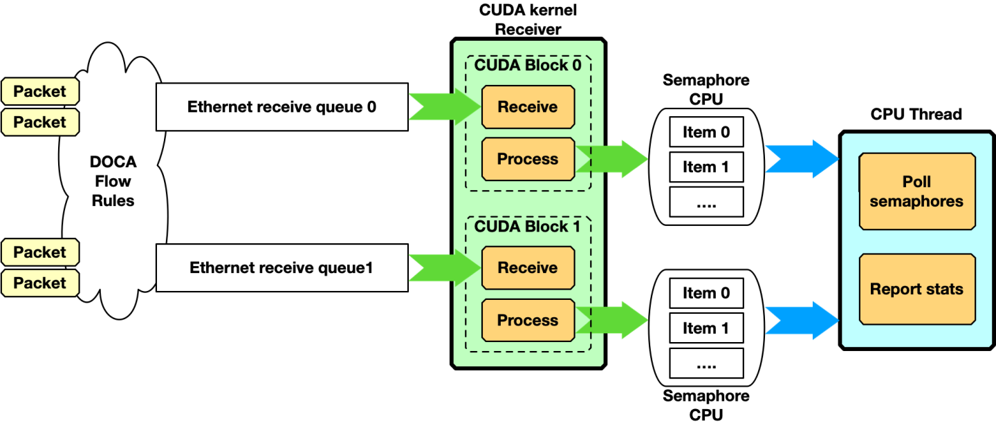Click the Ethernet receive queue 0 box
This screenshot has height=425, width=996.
(282, 107)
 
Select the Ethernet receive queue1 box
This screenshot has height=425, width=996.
(282, 268)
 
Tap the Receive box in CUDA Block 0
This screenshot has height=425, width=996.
(528, 107)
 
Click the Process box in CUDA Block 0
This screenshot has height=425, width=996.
(528, 159)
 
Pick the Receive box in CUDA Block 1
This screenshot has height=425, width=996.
(528, 268)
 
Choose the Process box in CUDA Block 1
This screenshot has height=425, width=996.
(528, 320)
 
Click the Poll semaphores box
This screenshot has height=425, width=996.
(916, 192)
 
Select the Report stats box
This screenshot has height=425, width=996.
(916, 289)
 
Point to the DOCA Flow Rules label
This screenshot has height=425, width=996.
(113, 182)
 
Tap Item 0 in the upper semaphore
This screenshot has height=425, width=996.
(706, 133)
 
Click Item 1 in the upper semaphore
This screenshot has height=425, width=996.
(706, 167)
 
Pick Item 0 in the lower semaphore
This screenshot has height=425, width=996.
(706, 294)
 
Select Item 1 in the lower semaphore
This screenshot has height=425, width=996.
(706, 328)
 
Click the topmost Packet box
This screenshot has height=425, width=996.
(40, 91)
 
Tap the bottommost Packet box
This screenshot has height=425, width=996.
(40, 283)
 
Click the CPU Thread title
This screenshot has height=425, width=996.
(916, 114)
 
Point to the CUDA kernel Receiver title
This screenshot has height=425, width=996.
(528, 20)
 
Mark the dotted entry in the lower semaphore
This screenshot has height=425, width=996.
(706, 363)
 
